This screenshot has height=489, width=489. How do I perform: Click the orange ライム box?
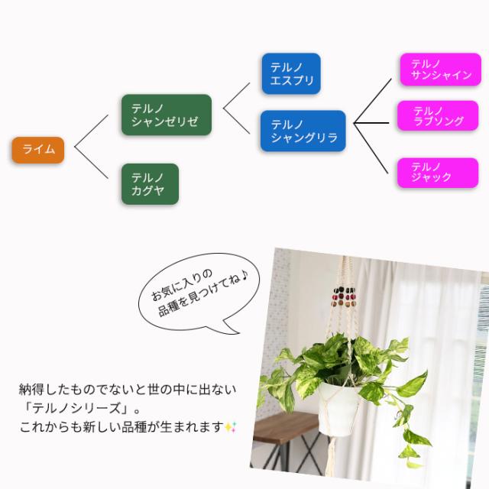[x=37, y=150]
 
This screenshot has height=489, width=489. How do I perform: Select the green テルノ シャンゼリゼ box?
[x=166, y=115]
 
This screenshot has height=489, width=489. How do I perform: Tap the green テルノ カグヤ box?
[x=150, y=184]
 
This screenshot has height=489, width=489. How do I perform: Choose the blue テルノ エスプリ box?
[x=290, y=73]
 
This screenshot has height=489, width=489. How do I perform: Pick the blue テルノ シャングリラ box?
[x=303, y=131]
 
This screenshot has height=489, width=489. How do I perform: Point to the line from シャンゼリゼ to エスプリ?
[x=237, y=88]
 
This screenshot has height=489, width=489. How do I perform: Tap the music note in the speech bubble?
[x=247, y=273]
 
